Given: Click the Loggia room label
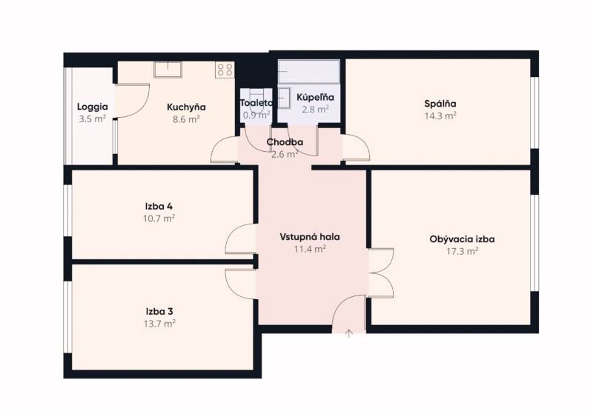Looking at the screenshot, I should (93, 107).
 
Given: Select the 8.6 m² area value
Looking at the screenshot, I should (186, 118).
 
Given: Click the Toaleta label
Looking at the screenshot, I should (256, 103).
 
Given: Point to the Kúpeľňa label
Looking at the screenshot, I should (315, 97).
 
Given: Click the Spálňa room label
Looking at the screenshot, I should (440, 104).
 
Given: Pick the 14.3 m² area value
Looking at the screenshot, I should (440, 116).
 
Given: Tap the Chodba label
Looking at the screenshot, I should (285, 142).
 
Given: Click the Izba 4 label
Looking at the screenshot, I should (159, 206).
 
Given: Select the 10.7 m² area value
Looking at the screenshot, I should (159, 218).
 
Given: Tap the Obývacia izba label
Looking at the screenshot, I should (462, 239).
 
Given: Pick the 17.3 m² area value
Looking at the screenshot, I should (462, 252).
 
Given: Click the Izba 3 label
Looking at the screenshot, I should (159, 312).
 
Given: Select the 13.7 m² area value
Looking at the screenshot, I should (159, 324).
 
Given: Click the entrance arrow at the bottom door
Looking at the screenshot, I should (348, 333).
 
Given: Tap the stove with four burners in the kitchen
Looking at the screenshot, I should (225, 70).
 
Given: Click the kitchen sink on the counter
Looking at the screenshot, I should (168, 69).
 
